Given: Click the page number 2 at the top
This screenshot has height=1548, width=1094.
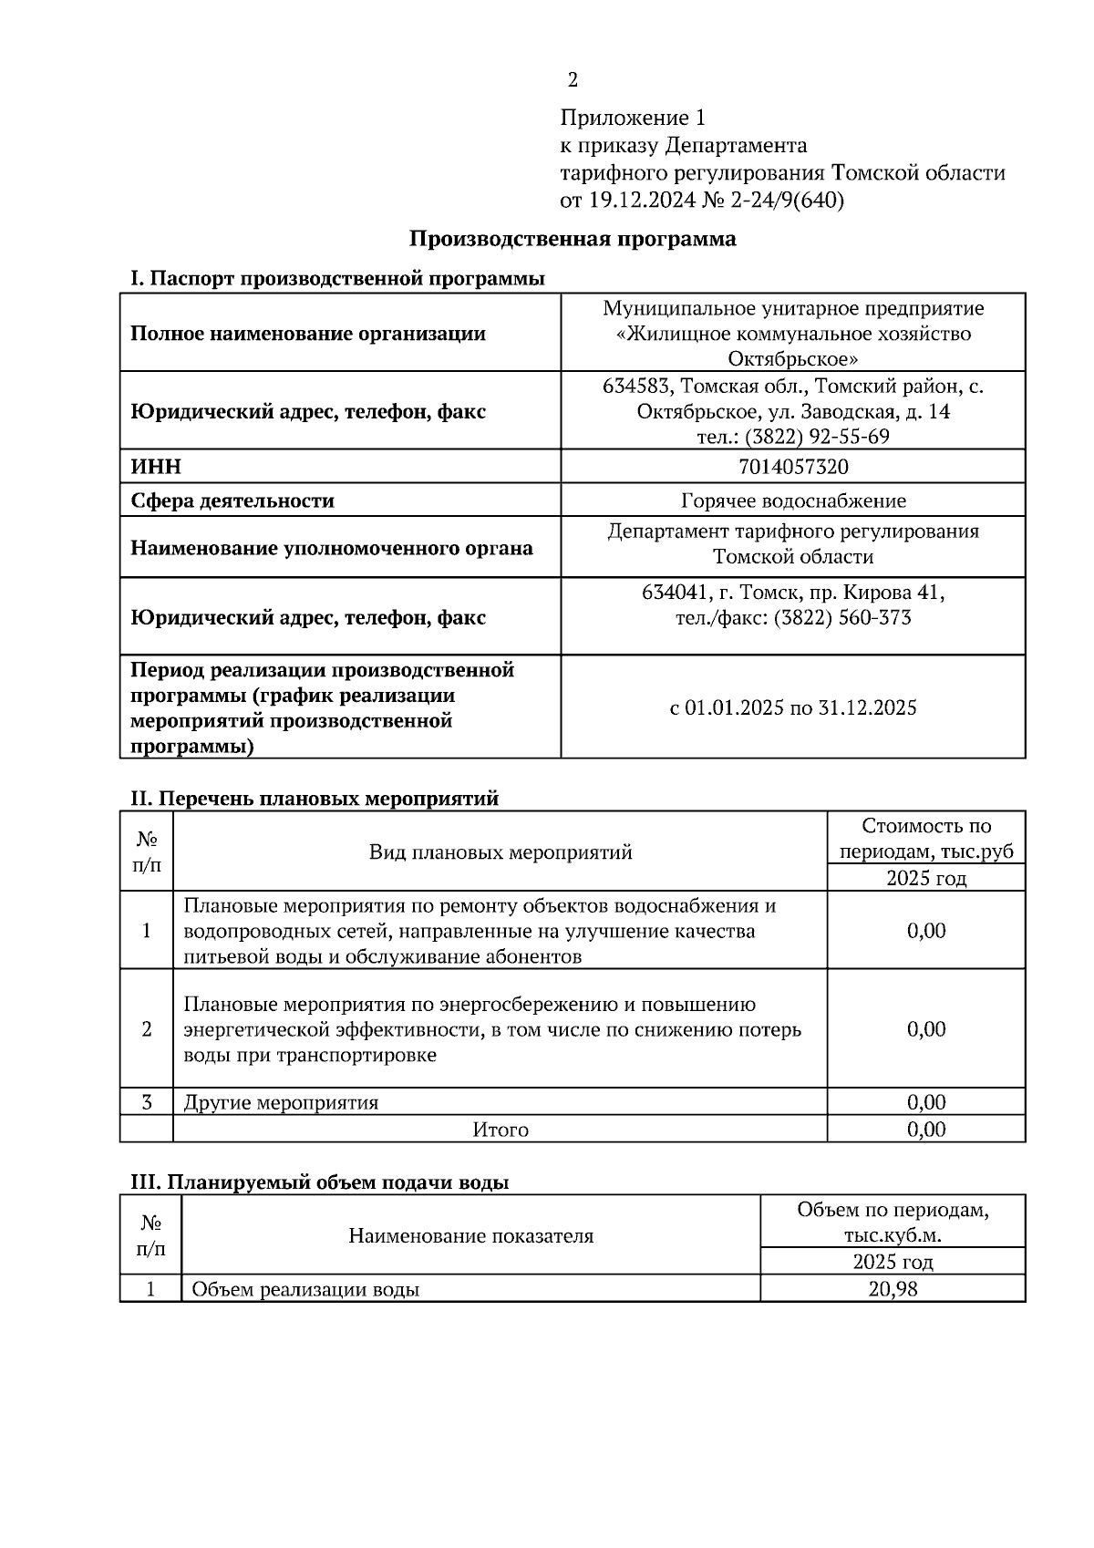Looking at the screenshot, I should [573, 81].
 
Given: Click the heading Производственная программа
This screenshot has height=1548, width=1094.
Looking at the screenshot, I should [572, 240].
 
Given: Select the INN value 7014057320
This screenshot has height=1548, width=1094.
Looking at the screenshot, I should [792, 467].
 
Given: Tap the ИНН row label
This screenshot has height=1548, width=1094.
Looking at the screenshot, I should [156, 467].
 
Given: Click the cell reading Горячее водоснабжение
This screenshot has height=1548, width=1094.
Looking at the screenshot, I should [792, 501].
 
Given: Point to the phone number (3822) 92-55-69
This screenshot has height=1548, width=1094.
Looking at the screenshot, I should [817, 437].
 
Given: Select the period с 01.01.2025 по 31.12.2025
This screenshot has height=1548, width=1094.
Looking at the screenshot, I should [792, 707].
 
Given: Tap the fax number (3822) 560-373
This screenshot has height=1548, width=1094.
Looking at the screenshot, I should [842, 618].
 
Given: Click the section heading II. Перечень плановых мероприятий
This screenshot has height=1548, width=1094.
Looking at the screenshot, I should [315, 799].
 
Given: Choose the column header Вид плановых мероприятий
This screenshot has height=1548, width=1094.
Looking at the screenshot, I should [501, 852].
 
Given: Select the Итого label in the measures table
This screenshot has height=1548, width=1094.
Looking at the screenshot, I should [501, 1130].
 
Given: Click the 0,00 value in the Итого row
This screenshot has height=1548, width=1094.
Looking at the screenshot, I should [926, 1130].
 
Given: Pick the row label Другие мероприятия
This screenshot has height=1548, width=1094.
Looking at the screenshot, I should [281, 1102].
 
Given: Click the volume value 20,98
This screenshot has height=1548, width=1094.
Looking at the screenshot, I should [893, 1289].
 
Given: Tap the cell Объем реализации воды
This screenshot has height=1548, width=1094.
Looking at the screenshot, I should [305, 1290].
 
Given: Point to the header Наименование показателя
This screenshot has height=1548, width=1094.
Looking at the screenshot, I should [470, 1236].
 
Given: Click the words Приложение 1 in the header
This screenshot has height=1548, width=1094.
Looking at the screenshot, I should [633, 118].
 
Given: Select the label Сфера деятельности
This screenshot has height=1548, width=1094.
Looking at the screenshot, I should [232, 501].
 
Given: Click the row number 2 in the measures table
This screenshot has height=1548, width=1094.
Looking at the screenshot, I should [147, 1029].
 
